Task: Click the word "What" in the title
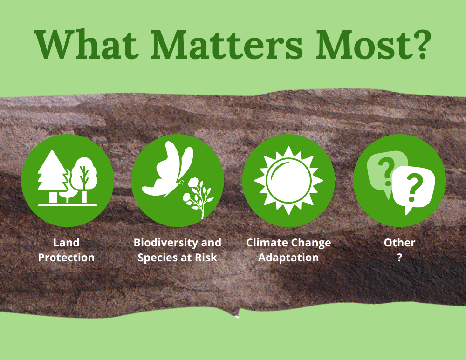tap(86, 44)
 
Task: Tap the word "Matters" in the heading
tap(227, 44)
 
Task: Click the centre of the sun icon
tap(288, 180)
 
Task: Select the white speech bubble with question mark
tap(413, 188)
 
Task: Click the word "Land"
tap(66, 243)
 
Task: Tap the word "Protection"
tap(66, 258)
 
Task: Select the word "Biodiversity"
tap(166, 243)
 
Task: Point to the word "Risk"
tap(206, 258)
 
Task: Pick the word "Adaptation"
tap(288, 258)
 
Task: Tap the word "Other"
tap(399, 243)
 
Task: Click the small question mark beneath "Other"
tap(399, 257)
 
